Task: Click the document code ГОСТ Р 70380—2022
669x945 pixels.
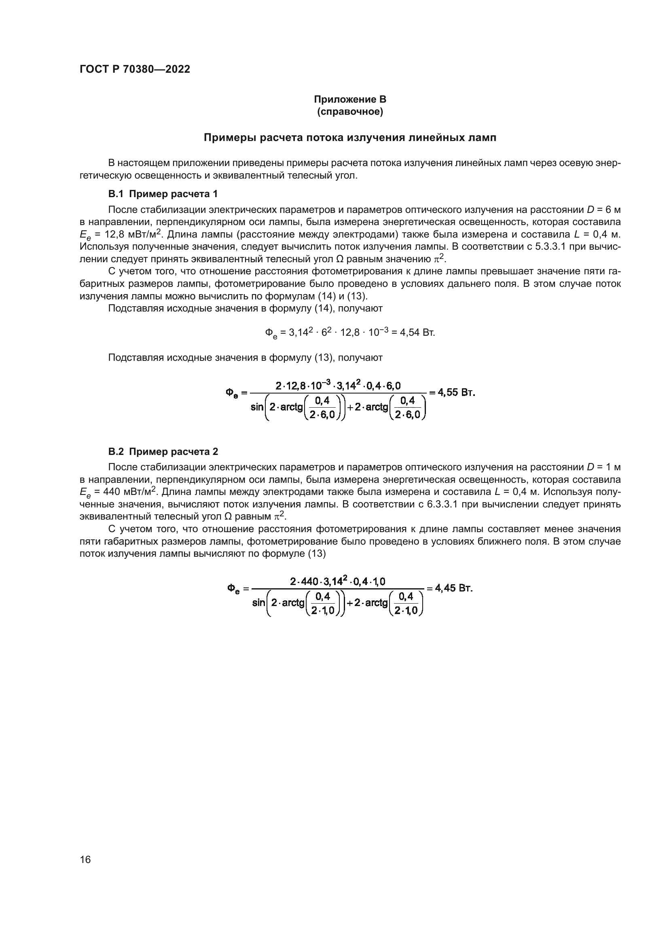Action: pyautogui.click(x=135, y=69)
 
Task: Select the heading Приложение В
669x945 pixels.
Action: pyautogui.click(x=350, y=99)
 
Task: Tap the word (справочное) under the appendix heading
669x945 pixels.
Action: pyautogui.click(x=350, y=112)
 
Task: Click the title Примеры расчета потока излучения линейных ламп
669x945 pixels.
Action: pyautogui.click(x=350, y=137)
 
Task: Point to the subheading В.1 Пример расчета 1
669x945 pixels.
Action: pyautogui.click(x=163, y=194)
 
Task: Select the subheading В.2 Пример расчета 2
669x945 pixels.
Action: pyautogui.click(x=163, y=452)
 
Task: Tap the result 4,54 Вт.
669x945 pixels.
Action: pyautogui.click(x=417, y=332)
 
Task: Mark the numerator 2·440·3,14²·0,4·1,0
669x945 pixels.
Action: pyautogui.click(x=337, y=581)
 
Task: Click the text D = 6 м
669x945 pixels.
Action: pyautogui.click(x=603, y=210)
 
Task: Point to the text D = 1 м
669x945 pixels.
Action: pyautogui.click(x=603, y=467)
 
